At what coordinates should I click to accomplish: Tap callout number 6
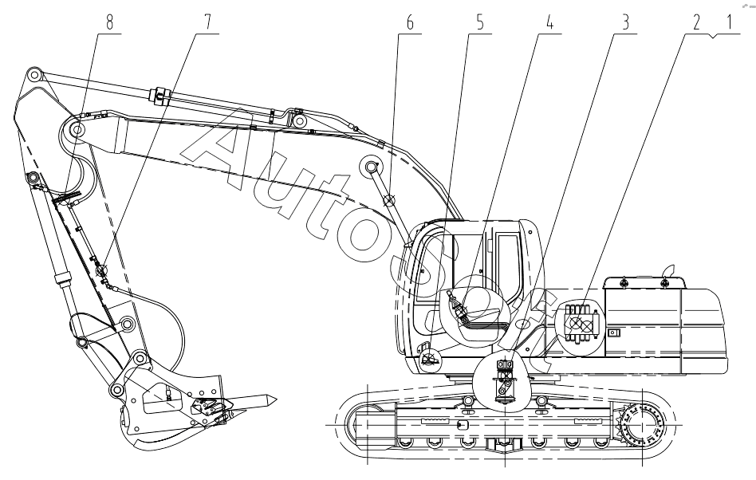click(x=410, y=22)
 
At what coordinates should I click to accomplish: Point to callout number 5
click(x=480, y=22)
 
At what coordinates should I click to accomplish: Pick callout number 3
click(x=626, y=22)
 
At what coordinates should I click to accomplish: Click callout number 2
click(x=696, y=22)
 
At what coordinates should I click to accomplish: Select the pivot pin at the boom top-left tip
click(x=33, y=76)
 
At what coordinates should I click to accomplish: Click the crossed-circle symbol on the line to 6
click(x=389, y=201)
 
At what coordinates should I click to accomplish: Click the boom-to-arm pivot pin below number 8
click(x=79, y=130)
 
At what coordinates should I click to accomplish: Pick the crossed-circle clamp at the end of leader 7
click(x=101, y=271)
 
